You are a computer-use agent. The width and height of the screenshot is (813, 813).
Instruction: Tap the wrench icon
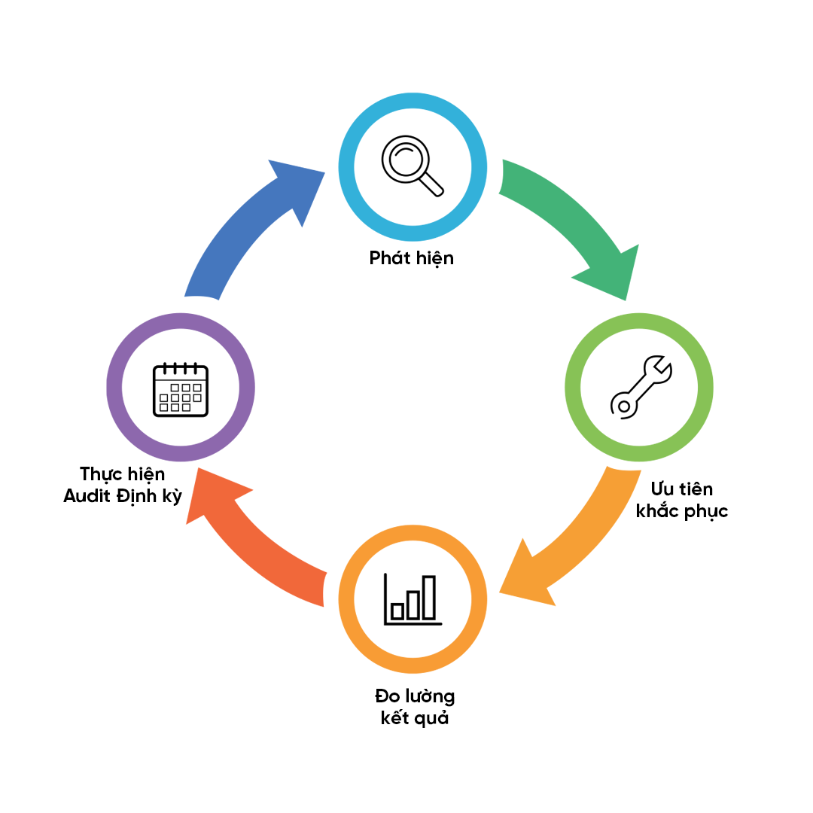pos(639,387)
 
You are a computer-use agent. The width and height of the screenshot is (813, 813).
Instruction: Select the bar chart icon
pos(412,599)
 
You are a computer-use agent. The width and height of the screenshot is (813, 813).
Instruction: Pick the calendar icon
pos(181,390)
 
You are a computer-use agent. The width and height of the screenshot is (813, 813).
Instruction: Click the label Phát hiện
pos(411,258)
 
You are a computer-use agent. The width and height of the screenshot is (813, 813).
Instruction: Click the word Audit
pos(88,496)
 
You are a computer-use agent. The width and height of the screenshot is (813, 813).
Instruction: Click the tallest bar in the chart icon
pos(429,598)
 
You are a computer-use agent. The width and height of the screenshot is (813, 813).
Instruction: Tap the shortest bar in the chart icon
pos(397,611)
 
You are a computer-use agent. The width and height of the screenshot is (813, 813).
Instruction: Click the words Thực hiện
pos(122,474)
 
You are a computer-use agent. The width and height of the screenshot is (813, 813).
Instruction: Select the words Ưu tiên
pos(682,490)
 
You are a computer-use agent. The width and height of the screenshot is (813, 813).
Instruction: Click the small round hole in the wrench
pos(623,406)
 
